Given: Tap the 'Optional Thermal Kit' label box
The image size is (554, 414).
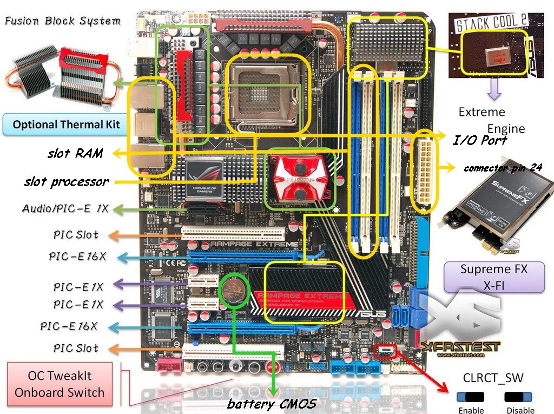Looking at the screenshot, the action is coord(66,124).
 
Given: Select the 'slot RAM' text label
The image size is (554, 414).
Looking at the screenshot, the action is coord(75,153).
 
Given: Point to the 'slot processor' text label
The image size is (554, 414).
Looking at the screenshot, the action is coord(66,182).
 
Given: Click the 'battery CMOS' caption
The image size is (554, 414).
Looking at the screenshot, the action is coord(271,403).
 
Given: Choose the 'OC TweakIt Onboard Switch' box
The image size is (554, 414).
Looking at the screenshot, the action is coord(60,384).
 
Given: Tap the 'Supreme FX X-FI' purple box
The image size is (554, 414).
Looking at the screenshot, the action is coord(493,277).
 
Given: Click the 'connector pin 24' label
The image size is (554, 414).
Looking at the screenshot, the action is coord(503,168).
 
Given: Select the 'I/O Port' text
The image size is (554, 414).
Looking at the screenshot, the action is coord(480,140).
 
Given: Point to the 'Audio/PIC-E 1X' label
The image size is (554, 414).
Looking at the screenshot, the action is coord(65,208).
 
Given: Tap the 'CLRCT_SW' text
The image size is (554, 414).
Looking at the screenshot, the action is coord(493,378).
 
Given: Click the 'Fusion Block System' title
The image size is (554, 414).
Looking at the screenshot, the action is coord(63,22).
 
